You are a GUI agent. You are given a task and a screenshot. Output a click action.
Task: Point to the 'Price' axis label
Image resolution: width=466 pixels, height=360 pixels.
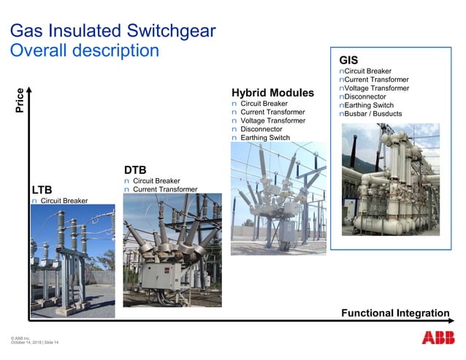tap(20, 99)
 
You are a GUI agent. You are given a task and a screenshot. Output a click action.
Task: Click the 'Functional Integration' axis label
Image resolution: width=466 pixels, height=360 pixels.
tap(395, 313)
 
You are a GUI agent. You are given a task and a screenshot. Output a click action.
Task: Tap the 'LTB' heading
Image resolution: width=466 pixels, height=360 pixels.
tap(42, 190)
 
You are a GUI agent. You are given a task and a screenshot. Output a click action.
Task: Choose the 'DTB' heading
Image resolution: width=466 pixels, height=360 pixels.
tap(135, 169)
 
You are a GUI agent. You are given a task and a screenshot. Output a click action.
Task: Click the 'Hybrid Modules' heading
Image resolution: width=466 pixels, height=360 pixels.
tap(272, 93)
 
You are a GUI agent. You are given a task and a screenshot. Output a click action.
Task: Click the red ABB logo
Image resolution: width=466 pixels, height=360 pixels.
tap(436, 337)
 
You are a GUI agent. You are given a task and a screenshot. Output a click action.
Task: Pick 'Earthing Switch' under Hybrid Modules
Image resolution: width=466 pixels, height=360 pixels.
tap(264, 138)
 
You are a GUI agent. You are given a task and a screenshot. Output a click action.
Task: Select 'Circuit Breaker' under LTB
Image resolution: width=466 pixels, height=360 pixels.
tap(64, 201)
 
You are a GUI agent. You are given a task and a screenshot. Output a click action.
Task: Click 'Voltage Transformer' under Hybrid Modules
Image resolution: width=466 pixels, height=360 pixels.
tap(272, 120)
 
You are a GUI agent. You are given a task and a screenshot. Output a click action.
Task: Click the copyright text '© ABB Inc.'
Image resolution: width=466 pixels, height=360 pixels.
tap(20, 337)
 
